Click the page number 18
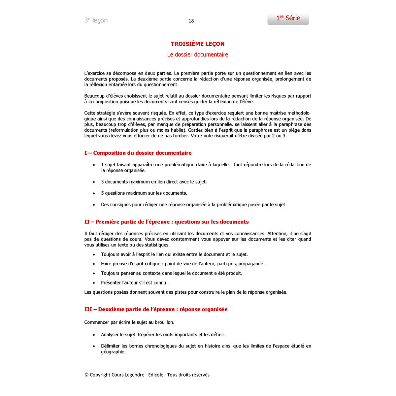pyautogui.click(x=191, y=21)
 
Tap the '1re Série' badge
pyautogui.click(x=288, y=18)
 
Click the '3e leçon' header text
pyautogui.click(x=96, y=20)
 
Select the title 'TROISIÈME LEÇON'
pyautogui.click(x=198, y=44)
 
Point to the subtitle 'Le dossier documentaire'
pyautogui.click(x=198, y=55)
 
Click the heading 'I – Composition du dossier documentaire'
pyautogui.click(x=138, y=153)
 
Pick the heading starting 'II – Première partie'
pyautogui.click(x=167, y=222)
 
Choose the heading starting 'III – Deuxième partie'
pyautogui.click(x=156, y=310)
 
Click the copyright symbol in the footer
pyautogui.click(x=86, y=375)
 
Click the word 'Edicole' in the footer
pyautogui.click(x=156, y=375)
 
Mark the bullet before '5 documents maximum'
pyautogui.click(x=94, y=182)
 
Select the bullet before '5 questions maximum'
pyautogui.click(x=94, y=193)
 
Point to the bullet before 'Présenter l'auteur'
pyautogui.click(x=94, y=283)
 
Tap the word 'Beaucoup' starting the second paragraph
pyautogui.click(x=95, y=96)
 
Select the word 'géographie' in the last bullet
pyautogui.click(x=113, y=352)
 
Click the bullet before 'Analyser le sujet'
pyautogui.click(x=94, y=335)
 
